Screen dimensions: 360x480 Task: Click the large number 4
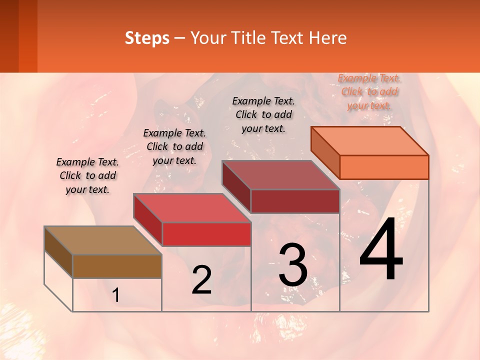pos(381,252)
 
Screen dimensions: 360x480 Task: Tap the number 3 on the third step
pos(293,265)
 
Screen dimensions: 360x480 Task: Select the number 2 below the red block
pos(201,280)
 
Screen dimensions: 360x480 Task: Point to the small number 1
pos(116,295)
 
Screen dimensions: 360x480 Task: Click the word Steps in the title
pos(147,38)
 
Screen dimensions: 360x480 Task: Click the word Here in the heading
pos(327,38)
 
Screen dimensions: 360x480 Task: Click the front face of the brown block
pos(117,266)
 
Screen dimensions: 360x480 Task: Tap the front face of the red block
pos(206,234)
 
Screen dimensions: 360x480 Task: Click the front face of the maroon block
pos(295,201)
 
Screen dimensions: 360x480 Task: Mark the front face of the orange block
pos(384,167)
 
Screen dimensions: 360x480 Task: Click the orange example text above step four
pos(369,92)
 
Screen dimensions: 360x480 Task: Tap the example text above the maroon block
pos(263,114)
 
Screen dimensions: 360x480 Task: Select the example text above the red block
pos(174,146)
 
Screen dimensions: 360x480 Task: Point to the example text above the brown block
pos(87,175)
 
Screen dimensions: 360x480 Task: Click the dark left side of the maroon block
pos(236,186)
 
